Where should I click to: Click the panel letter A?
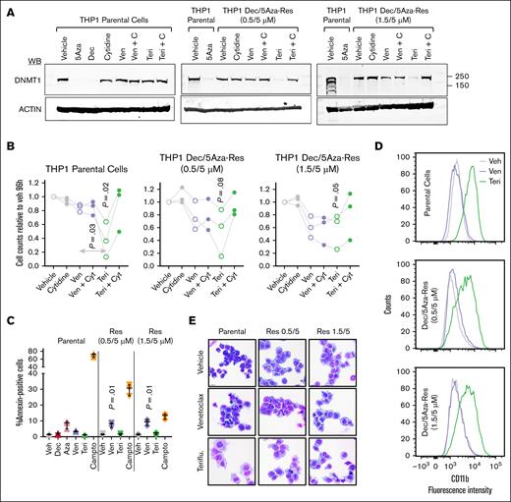7,8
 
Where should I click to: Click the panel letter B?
7,150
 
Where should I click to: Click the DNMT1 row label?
24,84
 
